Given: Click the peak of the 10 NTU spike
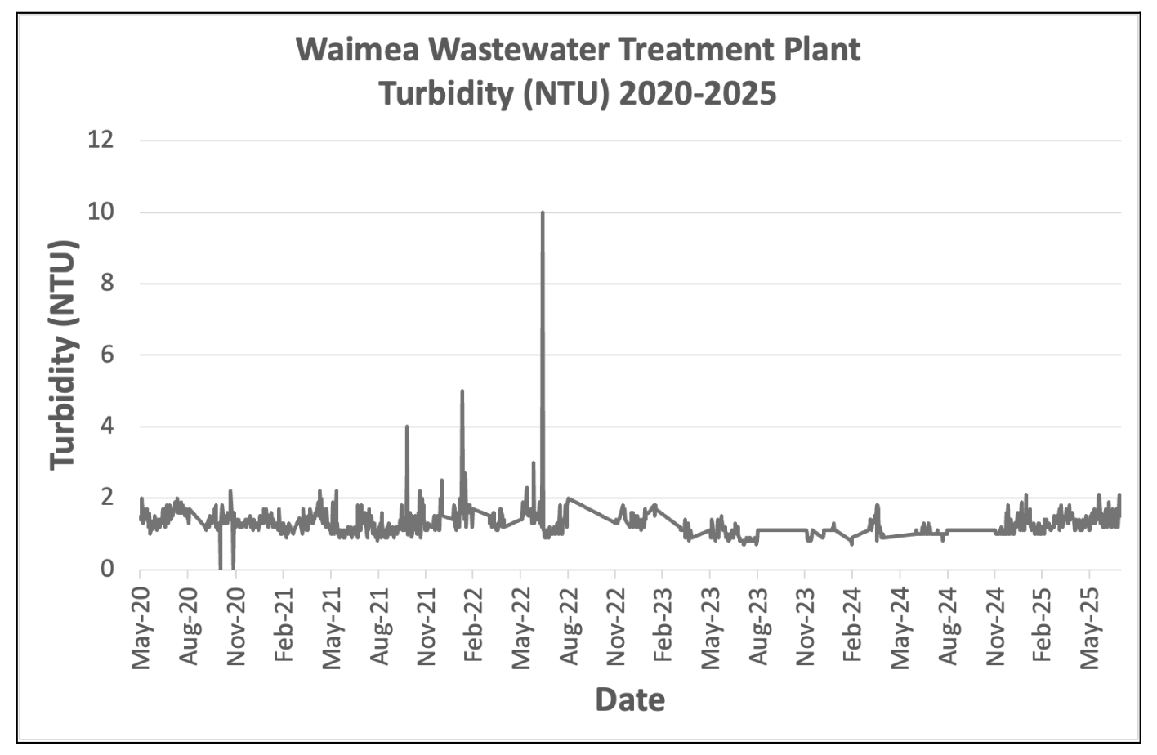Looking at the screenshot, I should click(x=543, y=212).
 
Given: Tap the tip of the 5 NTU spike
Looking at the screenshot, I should click(x=462, y=391).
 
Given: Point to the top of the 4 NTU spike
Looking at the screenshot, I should click(x=407, y=427).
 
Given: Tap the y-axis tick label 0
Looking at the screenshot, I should click(x=105, y=569).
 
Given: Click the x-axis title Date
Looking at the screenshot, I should click(x=630, y=699).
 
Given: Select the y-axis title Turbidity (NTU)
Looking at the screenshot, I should click(x=63, y=355).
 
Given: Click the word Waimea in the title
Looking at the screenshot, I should click(x=356, y=50).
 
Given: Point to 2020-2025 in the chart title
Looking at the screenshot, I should click(x=697, y=94).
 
